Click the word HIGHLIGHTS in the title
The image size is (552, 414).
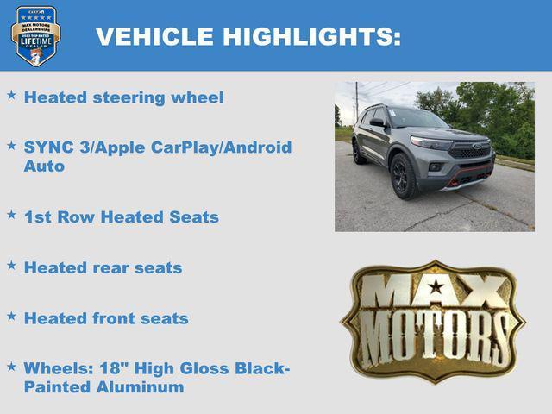click(311, 36)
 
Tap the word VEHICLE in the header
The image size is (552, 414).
click(155, 36)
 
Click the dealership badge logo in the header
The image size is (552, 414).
click(35, 35)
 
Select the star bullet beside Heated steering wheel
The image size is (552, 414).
click(12, 96)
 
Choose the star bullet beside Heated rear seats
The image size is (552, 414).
click(12, 266)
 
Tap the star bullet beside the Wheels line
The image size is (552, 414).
click(12, 367)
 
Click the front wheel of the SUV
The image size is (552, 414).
click(404, 174)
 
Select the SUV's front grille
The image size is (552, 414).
click(471, 152)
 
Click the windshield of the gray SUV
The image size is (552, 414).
click(417, 118)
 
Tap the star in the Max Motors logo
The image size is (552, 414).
click(436, 286)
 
